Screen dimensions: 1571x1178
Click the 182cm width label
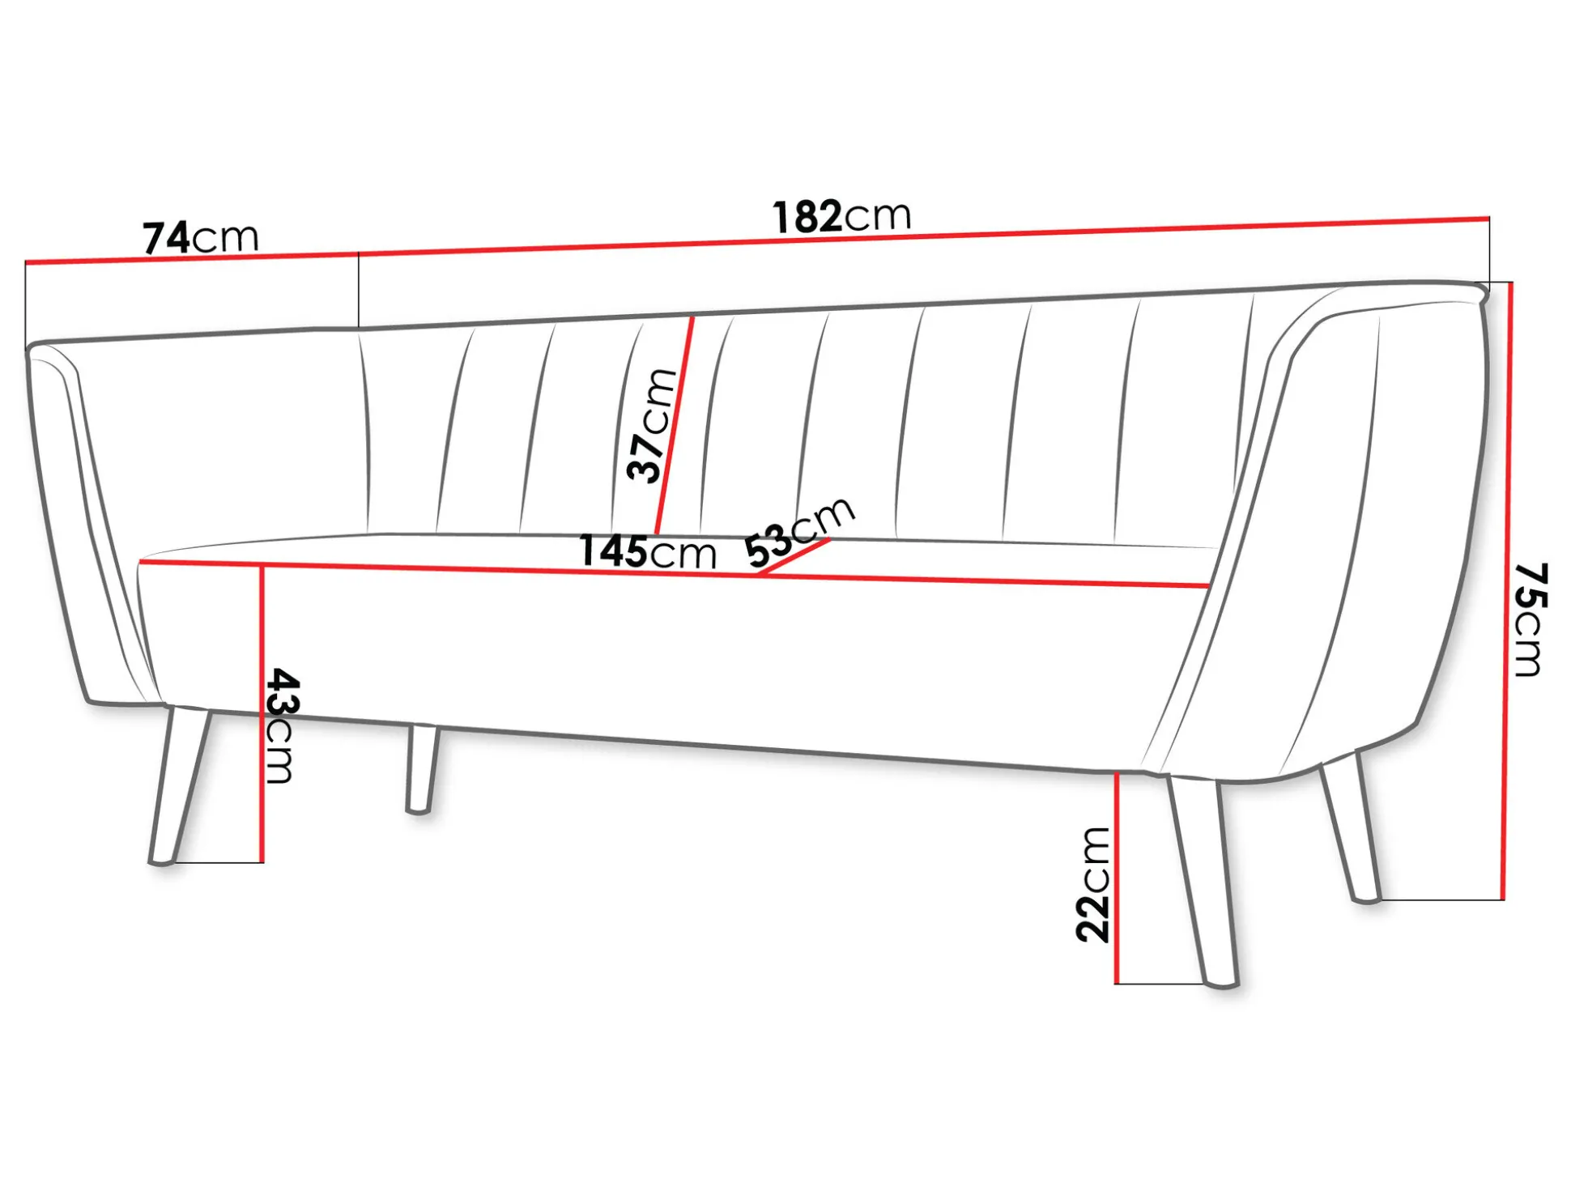(x=842, y=216)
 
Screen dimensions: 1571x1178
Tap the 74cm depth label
(x=201, y=237)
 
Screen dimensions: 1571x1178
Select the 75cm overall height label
(x=1531, y=619)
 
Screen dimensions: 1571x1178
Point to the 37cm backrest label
(x=651, y=426)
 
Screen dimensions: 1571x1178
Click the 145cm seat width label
(x=648, y=552)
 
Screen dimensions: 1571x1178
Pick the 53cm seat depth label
(x=800, y=532)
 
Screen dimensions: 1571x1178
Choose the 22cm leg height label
(x=1093, y=885)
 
